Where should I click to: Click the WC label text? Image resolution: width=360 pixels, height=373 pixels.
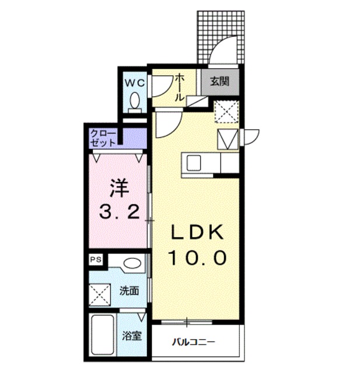(134, 82)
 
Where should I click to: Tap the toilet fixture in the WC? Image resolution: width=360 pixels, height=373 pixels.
(135, 102)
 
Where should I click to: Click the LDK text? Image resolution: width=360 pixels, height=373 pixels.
(196, 233)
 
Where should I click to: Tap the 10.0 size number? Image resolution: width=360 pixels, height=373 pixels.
(196, 257)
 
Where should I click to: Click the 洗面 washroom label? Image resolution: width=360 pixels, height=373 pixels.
(130, 290)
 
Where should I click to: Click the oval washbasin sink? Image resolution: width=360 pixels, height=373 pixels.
(132, 264)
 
